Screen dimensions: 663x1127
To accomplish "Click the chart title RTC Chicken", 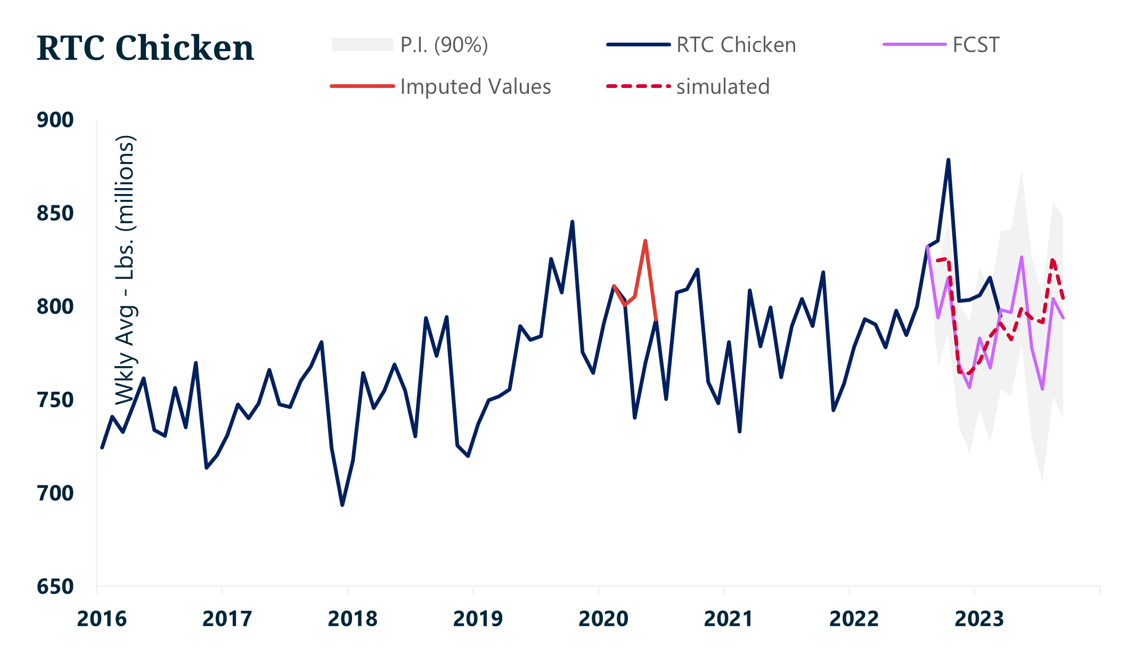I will pyautogui.click(x=145, y=48).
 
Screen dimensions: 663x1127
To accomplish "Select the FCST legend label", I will pyautogui.click(x=976, y=45).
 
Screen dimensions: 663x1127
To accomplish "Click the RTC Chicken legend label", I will pyautogui.click(x=736, y=45).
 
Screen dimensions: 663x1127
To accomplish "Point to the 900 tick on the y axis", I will pyautogui.click(x=55, y=120).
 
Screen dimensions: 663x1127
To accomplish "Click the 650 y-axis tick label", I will pyautogui.click(x=55, y=587).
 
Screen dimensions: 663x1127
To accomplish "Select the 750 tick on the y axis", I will pyautogui.click(x=55, y=400).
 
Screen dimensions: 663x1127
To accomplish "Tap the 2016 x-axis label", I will pyautogui.click(x=102, y=619).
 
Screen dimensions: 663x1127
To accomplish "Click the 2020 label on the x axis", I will pyautogui.click(x=603, y=619).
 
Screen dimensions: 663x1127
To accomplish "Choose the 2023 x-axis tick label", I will pyautogui.click(x=979, y=619).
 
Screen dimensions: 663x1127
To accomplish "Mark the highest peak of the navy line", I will pyautogui.click(x=948, y=160).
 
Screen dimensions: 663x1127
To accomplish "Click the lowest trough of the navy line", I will pyautogui.click(x=342, y=505).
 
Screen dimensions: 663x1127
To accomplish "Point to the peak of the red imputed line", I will pyautogui.click(x=645, y=241).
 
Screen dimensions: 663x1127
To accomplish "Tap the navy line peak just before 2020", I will pyautogui.click(x=572, y=222).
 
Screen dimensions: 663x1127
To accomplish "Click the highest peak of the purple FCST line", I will pyautogui.click(x=1022, y=257).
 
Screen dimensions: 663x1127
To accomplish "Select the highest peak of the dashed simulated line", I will pyautogui.click(x=1052, y=260).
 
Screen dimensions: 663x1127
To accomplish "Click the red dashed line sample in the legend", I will pyautogui.click(x=638, y=86).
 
